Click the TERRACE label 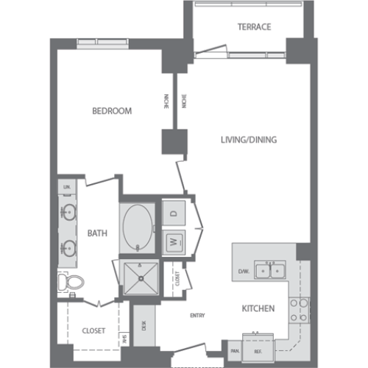coord(254,27)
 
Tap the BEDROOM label coord(111,111)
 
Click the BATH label coord(97,233)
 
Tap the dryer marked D coord(174,213)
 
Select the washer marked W coord(174,241)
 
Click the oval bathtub coord(138,224)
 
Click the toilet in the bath coord(69,282)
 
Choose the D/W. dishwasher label coord(242,272)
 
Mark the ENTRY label coord(197,315)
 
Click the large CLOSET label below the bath coord(93,330)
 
